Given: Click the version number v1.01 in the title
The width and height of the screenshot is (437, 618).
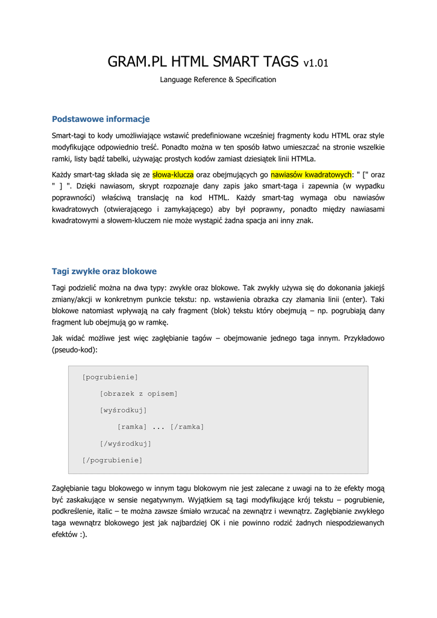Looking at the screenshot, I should tap(316, 63).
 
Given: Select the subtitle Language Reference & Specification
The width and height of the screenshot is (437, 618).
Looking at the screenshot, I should tap(218, 80).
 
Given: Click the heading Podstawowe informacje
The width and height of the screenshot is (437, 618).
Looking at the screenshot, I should tap(101, 119).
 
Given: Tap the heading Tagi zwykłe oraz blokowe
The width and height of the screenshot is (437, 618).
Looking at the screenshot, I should tap(104, 272).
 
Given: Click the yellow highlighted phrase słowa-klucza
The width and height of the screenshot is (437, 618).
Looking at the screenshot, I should tap(173, 174).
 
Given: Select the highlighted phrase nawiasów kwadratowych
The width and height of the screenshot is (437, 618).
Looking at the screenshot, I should tap(311, 174).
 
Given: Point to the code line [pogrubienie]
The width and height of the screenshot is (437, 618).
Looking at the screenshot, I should tap(110, 377).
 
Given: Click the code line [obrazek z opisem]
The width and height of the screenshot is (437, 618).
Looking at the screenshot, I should tap(139, 394).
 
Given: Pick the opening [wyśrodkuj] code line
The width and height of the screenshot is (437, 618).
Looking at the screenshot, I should tap(124, 410).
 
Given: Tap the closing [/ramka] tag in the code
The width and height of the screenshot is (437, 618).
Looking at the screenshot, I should tap(187, 427).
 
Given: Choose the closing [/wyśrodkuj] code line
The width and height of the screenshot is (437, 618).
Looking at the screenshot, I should tap(125, 444).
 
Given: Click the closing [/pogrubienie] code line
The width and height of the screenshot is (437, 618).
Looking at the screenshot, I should tap(113, 460).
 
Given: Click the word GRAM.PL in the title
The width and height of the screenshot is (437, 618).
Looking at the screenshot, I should tap(136, 62).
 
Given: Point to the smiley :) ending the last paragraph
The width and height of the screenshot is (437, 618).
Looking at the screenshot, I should tap(83, 534).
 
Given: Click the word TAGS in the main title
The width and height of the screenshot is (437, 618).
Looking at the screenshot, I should tap(278, 62).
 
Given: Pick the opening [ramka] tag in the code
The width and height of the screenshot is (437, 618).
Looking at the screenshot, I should tap(132, 427).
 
